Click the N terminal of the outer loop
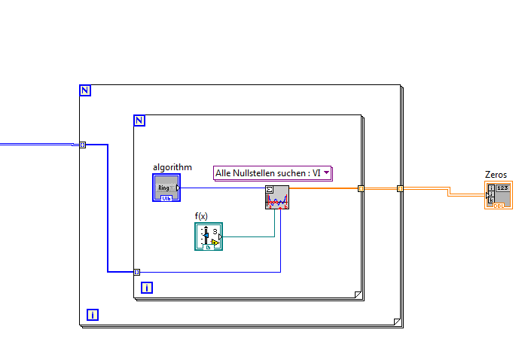click(85, 90)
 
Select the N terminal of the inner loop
click(139, 121)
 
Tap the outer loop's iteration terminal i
click(92, 315)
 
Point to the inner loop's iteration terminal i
click(147, 287)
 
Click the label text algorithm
click(172, 166)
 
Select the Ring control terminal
click(166, 187)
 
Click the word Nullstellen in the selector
click(258, 173)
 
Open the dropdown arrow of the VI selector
click(327, 173)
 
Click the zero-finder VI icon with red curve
click(277, 197)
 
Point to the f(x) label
click(201, 216)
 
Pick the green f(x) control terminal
click(209, 236)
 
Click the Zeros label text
click(496, 175)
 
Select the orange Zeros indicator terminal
click(499, 194)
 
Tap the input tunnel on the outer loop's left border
click(83, 145)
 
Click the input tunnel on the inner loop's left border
click(136, 272)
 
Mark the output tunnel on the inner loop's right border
click(361, 188)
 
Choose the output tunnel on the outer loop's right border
click(400, 188)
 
